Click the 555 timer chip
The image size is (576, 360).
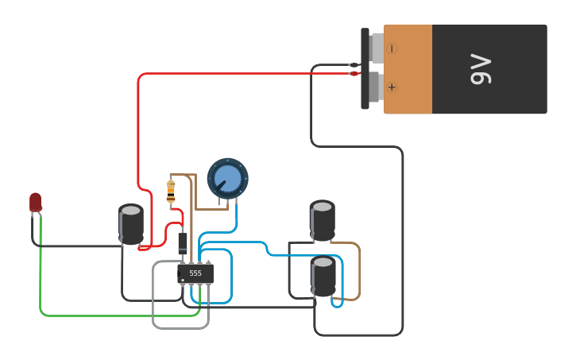coord(195,273)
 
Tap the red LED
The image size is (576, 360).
coord(35,202)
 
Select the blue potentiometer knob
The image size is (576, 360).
coord(227,178)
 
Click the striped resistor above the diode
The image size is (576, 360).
coord(171,192)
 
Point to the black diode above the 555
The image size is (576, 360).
coord(183,242)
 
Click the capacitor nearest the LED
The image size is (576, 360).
coord(131,225)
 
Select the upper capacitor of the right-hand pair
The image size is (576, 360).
coord(322,220)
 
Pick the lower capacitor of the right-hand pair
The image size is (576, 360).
coord(323,277)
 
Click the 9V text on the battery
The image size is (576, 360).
coord(481,69)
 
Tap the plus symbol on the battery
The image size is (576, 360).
coord(392,87)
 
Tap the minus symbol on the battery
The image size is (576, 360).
coord(392,48)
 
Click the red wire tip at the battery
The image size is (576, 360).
coord(354,74)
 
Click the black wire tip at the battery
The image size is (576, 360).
coord(354,65)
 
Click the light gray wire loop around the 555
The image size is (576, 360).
coord(154,302)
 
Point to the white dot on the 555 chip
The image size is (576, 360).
coord(183,281)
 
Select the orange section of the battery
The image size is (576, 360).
coord(408,68)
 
